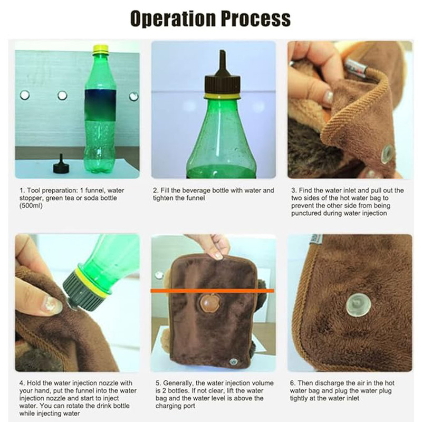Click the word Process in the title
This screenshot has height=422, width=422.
pos(256,18)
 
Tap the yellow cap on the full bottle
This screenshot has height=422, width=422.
pos(100,49)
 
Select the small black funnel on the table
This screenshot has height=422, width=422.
pos(61,164)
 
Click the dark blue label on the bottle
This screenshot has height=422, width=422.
pos(100,105)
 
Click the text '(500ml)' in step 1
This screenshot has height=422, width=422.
pos(31,206)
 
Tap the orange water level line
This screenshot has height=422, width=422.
pos(213,291)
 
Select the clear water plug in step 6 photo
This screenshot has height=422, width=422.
pos(358,305)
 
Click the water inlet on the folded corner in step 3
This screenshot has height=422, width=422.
pos(388,154)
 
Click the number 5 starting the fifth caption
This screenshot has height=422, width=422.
pos(157,383)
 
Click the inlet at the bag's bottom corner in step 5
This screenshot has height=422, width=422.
pos(233,361)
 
